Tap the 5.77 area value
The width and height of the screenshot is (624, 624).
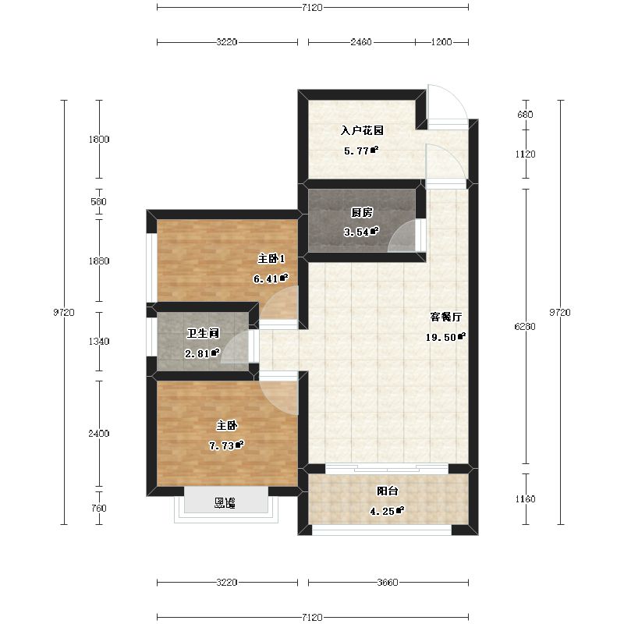(x=360, y=151)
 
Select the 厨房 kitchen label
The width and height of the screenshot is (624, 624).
(x=360, y=211)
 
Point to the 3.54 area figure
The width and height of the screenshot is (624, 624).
(x=360, y=232)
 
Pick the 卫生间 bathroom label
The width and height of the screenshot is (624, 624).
(x=202, y=334)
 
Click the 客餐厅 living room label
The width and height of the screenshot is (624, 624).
(x=448, y=317)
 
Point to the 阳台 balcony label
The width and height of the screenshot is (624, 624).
(x=388, y=491)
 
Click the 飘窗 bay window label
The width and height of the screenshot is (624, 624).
(x=225, y=503)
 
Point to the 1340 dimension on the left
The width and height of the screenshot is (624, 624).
(x=99, y=342)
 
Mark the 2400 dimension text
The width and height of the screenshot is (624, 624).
(x=99, y=434)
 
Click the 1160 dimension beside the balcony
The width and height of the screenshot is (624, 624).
(x=526, y=499)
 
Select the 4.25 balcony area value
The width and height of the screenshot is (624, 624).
(x=386, y=512)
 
